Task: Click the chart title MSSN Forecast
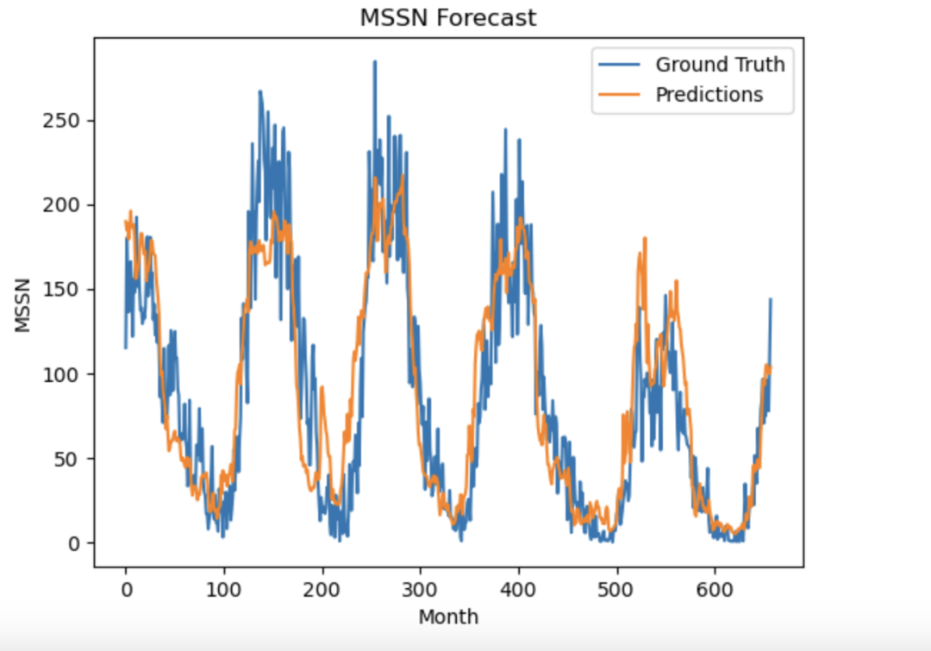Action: (447, 17)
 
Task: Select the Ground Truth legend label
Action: (720, 65)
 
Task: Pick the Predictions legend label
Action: (709, 95)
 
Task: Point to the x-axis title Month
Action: (448, 617)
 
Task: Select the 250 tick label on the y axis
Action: (62, 121)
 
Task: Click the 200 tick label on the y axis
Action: (62, 205)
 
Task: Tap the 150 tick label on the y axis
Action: (62, 290)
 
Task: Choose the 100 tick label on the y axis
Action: (62, 374)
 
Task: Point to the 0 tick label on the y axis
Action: (75, 543)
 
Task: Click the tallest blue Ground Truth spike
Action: (374, 62)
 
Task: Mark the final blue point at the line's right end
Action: (771, 299)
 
